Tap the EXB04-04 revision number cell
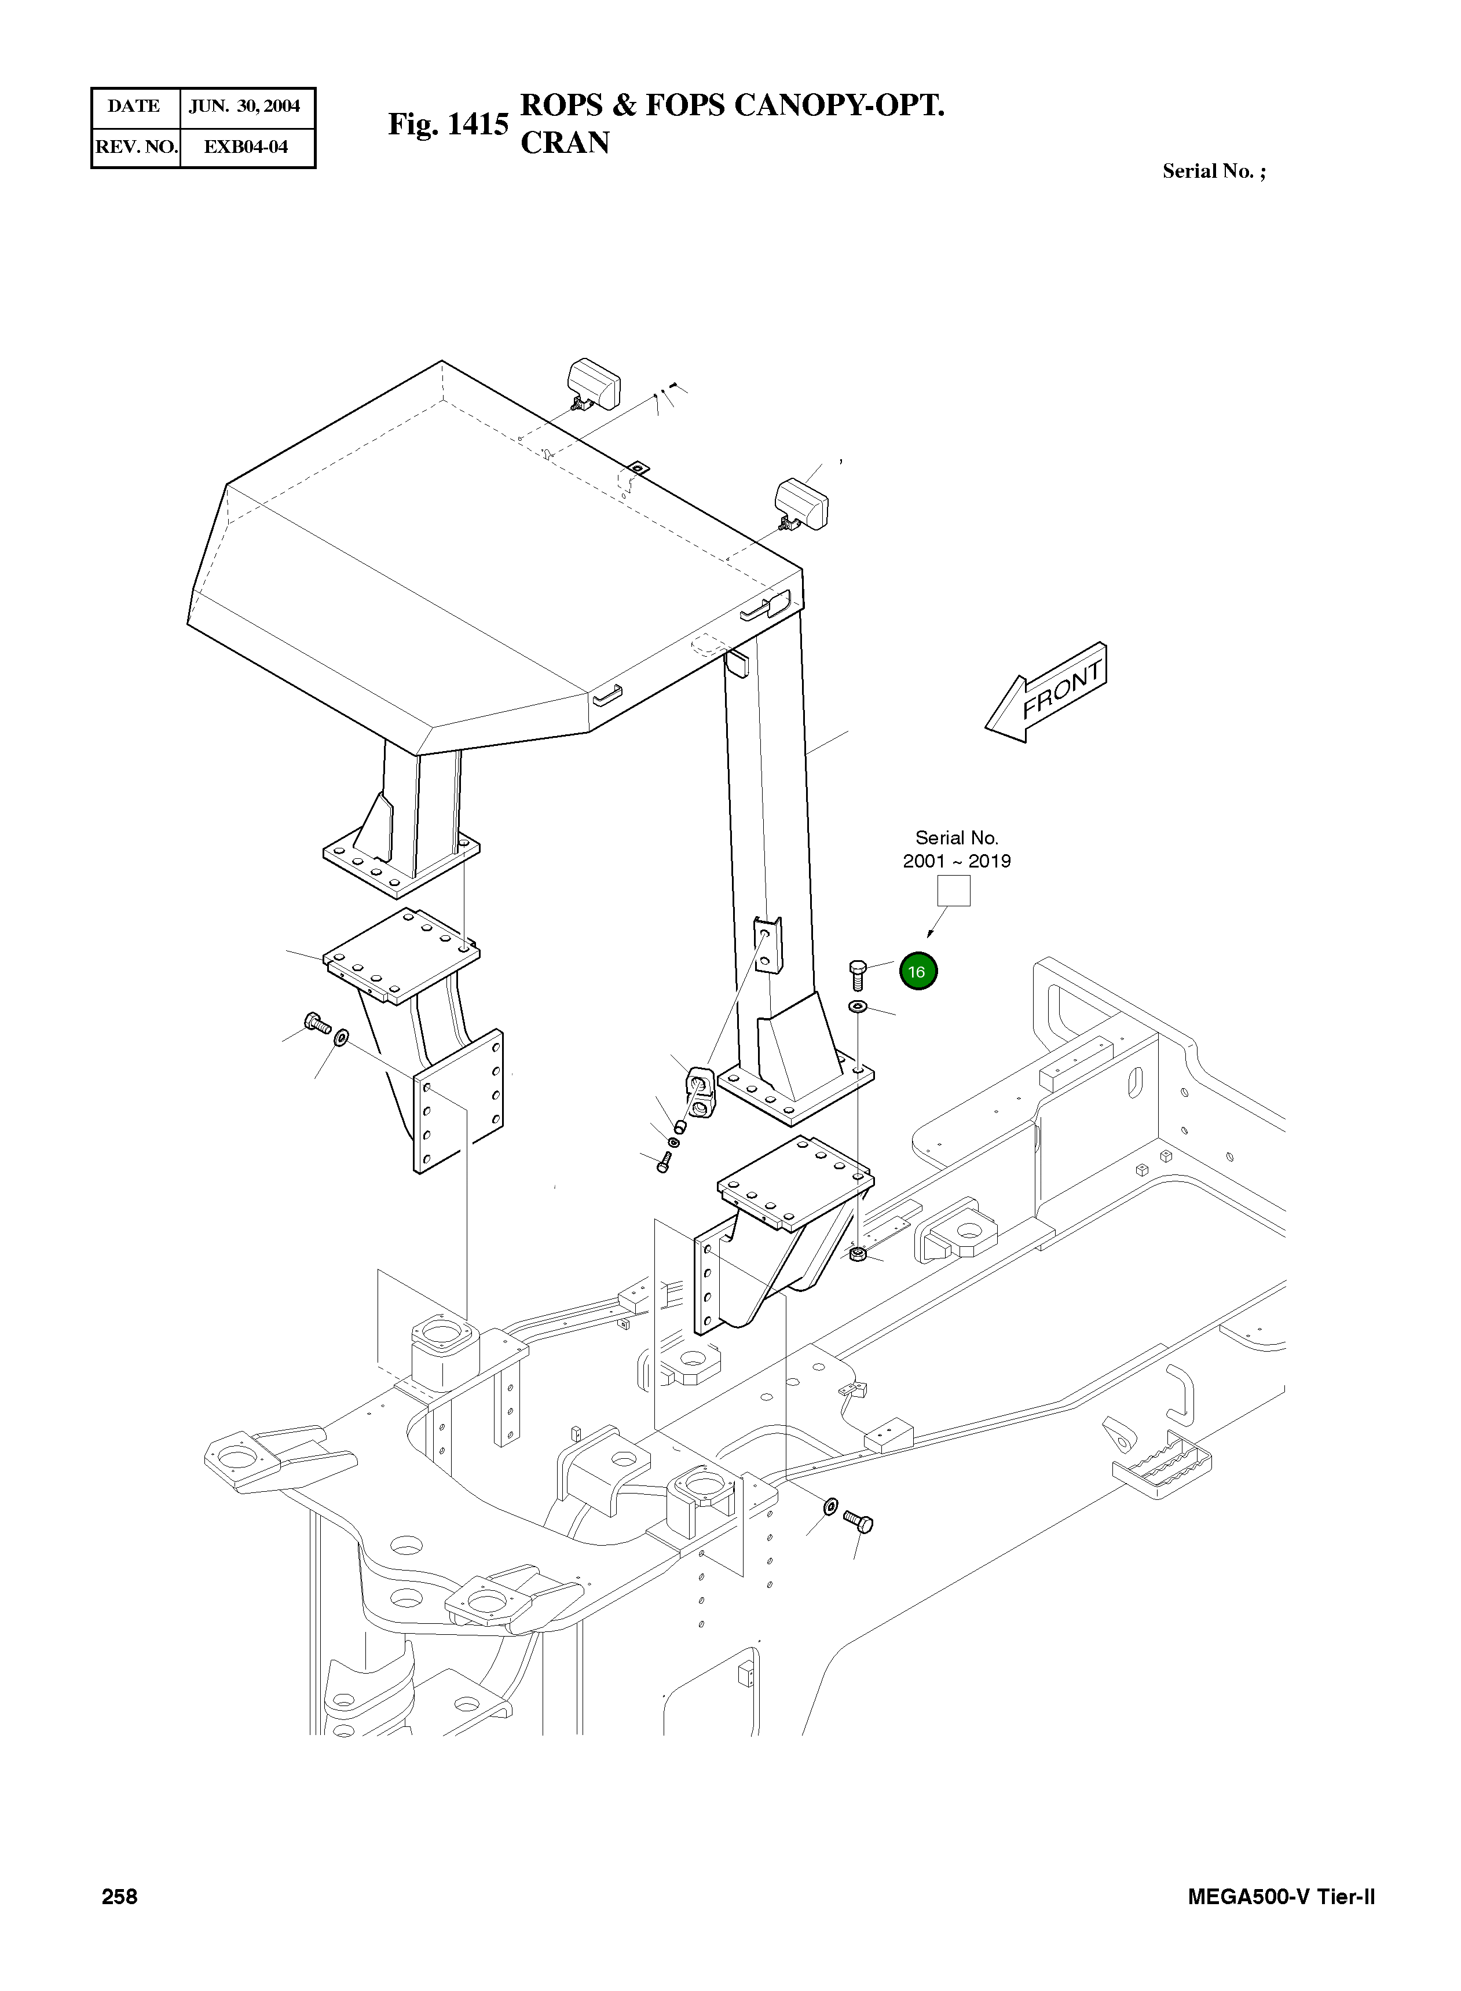click(x=246, y=147)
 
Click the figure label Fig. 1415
click(x=448, y=124)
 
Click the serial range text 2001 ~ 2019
click(x=956, y=861)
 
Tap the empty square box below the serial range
click(x=953, y=891)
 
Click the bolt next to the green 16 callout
click(x=857, y=974)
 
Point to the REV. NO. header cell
click(x=136, y=147)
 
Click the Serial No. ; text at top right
click(x=1213, y=171)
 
